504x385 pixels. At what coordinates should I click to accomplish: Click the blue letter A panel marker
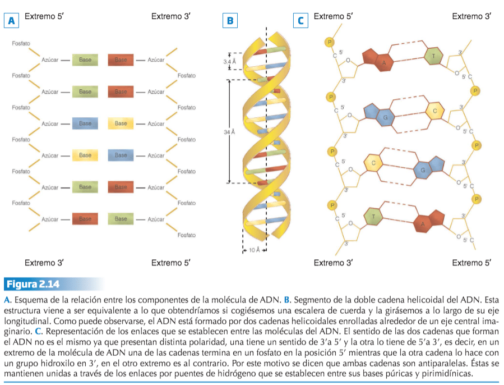tap(11, 21)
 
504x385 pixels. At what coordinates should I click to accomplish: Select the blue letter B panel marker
tap(230, 21)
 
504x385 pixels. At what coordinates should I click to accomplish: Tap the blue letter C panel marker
tap(300, 21)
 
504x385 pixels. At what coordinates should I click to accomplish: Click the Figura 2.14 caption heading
tap(33, 284)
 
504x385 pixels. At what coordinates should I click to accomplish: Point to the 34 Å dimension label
tap(229, 132)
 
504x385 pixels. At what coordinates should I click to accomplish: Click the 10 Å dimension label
tap(255, 250)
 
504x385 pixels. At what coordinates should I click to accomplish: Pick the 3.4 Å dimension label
tap(229, 62)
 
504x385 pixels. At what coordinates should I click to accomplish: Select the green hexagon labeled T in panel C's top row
tap(433, 56)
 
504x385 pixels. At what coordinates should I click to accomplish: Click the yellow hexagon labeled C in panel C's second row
tap(434, 111)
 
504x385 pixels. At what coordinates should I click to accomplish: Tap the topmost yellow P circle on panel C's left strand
tap(330, 42)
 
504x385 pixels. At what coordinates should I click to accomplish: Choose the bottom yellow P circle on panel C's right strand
tap(477, 199)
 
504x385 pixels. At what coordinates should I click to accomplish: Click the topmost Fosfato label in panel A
tap(21, 43)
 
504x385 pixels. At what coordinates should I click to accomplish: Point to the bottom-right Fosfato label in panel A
tap(187, 235)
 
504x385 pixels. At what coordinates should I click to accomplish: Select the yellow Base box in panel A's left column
tap(85, 155)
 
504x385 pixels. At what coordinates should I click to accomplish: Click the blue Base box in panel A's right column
tap(121, 155)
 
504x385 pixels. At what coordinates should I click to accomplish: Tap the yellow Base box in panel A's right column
tap(121, 123)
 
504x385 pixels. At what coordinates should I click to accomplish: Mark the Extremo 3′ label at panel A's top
tap(170, 16)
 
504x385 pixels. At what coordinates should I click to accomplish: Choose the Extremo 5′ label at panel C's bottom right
tap(471, 263)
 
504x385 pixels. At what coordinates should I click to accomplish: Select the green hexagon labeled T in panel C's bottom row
tap(373, 216)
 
